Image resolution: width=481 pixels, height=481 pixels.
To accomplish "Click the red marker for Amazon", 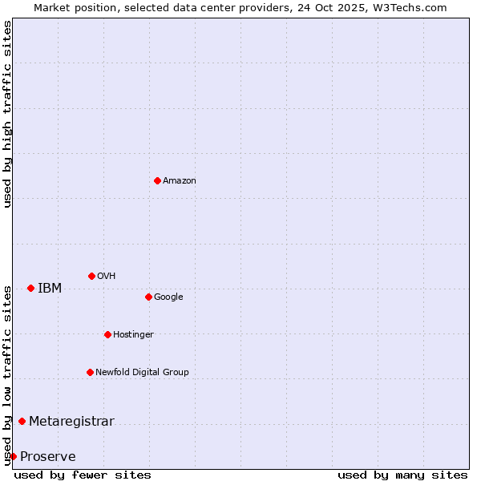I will click(157, 180).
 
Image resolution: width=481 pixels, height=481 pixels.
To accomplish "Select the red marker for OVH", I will click(91, 276).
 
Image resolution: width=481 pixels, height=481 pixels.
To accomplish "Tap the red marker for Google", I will click(148, 297).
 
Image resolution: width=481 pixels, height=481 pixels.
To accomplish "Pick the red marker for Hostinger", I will click(107, 334).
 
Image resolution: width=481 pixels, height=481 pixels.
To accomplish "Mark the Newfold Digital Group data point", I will click(90, 372).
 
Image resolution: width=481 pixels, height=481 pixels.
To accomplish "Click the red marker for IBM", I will click(30, 288).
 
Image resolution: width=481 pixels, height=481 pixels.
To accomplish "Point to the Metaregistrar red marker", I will click(22, 421).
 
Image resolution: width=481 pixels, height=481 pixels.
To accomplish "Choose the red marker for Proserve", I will click(13, 456).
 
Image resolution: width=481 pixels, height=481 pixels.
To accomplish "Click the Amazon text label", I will click(180, 181).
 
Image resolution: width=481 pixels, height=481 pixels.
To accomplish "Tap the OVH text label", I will click(107, 277).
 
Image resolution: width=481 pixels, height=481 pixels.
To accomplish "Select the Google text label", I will click(168, 297).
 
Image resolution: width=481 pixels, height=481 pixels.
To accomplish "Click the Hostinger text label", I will click(133, 335).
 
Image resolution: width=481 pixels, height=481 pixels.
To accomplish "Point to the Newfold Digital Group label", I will click(142, 373).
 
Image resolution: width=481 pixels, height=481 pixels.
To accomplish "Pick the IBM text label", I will click(50, 289).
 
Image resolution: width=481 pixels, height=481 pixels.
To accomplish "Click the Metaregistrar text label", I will click(71, 422).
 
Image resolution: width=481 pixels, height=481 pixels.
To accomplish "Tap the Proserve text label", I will click(48, 457).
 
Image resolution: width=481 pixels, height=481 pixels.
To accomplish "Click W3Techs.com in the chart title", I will click(413, 7).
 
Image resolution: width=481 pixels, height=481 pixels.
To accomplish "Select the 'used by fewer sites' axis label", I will click(83, 475).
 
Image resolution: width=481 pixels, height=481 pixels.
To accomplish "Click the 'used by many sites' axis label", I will click(402, 475).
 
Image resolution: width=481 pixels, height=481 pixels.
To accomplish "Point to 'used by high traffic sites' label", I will click(7, 114).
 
